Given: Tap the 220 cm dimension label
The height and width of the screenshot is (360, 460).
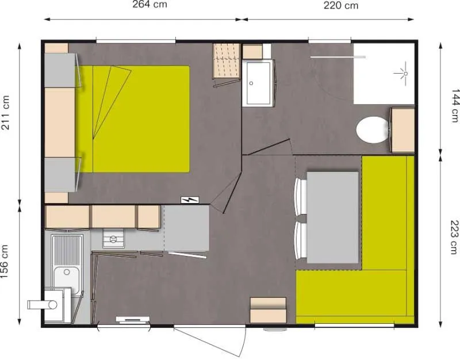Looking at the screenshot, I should pos(341,6).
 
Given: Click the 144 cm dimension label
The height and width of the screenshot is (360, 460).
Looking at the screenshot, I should pos(455,104).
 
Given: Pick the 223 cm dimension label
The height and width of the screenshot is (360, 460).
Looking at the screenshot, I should pos(455,237).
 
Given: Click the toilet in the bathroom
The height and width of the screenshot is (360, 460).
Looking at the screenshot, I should pos(371,130).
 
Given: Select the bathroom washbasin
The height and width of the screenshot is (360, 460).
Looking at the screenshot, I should pos(258,83).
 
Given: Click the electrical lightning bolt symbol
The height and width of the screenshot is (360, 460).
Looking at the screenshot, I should pos(189,200).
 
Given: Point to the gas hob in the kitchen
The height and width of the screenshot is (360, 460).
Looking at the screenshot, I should pos(113,238).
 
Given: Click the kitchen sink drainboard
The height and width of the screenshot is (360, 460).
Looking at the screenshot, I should pos(67,250).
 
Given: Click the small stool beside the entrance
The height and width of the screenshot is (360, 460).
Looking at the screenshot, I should pos(268,311).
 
